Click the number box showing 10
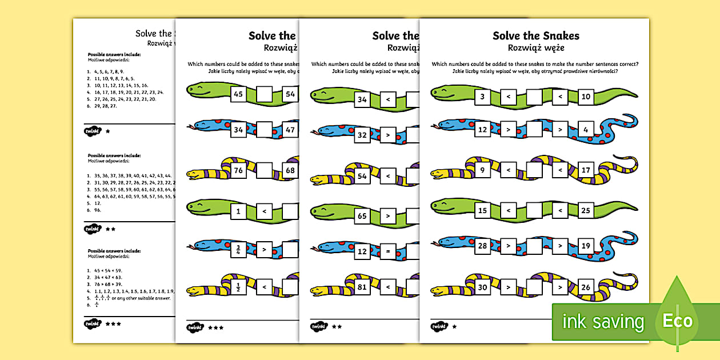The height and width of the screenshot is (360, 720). point(586,97)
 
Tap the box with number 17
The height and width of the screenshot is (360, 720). point(586,170)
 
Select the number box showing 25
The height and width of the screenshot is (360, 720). point(586,211)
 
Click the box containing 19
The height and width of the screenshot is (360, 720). point(586,247)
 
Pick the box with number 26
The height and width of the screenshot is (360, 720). point(586,287)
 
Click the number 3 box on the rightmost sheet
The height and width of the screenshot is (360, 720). point(482,97)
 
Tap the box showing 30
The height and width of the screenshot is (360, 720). point(482,287)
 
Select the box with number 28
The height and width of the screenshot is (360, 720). point(482,247)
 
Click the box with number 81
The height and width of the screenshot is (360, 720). point(362,287)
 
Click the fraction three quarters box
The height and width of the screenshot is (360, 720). point(238,250)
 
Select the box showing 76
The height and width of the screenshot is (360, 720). point(238,171)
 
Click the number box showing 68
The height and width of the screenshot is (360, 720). point(290,171)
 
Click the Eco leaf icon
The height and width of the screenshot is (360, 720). point(678,319)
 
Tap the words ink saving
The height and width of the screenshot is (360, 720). point(603,322)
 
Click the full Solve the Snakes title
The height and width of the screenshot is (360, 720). point(535,36)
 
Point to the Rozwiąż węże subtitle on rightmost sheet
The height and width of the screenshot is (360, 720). point(535,49)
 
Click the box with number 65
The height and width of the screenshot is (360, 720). point(362,217)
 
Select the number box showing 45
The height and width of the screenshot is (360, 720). point(238,94)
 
